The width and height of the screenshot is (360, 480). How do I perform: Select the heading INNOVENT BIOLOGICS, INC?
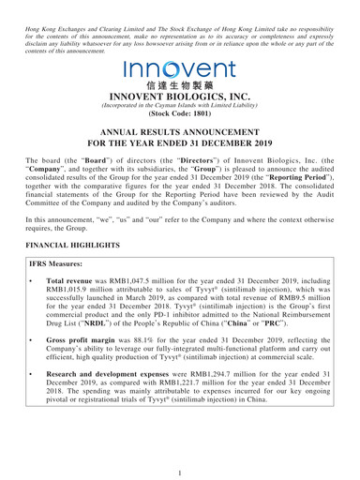pos(180,101)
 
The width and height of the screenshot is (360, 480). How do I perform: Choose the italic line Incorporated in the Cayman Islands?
pos(180,112)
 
